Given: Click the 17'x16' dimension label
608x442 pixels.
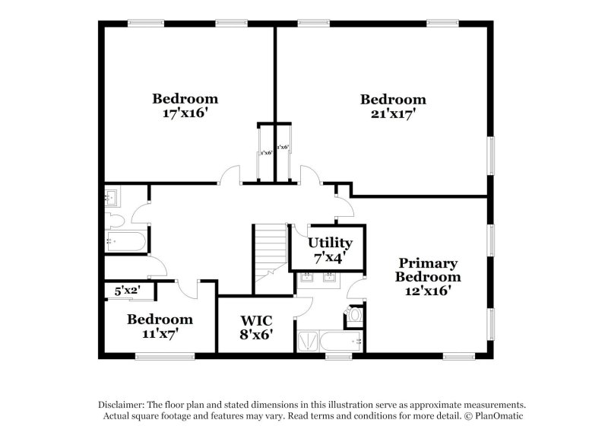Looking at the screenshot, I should point(185,113).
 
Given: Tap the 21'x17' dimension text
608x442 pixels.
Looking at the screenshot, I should point(392,114).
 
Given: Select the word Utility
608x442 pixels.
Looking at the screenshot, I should point(330,243).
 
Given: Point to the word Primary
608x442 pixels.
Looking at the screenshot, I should point(427,263).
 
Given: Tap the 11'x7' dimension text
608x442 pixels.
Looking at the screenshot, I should point(159,333).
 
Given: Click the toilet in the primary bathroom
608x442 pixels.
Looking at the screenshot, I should point(355,315).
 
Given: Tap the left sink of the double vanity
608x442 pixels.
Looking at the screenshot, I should point(308,277).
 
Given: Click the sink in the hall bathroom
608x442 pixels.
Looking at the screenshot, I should point(110,199).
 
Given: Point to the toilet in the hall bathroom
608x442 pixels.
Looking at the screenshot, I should point(113,220).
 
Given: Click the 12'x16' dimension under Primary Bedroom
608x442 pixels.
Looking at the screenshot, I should point(427,291).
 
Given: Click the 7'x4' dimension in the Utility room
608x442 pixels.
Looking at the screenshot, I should point(330,257).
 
